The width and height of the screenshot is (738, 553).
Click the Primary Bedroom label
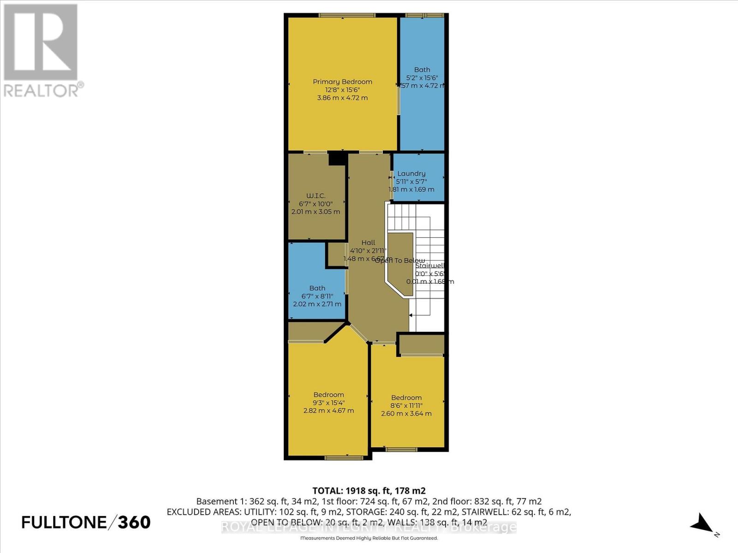[342, 82]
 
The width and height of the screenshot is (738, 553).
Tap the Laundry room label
[411, 173]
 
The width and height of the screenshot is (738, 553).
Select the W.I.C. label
[316, 196]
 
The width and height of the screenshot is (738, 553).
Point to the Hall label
[368, 242]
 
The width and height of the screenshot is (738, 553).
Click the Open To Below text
[399, 260]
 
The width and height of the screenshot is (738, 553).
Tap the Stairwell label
[429, 265]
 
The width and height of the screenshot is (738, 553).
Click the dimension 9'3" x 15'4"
[329, 402]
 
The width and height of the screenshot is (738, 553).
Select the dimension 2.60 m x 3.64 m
[406, 413]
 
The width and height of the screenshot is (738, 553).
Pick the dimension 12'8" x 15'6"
[342, 90]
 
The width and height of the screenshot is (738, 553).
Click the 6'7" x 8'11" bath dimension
[317, 296]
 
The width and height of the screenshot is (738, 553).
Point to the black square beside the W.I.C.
[338, 159]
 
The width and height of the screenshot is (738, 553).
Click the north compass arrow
[702, 523]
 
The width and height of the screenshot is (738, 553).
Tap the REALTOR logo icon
[41, 42]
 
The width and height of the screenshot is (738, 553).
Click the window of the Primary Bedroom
[347, 15]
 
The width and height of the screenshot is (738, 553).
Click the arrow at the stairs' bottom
[411, 315]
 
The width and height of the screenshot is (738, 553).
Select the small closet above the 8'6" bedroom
[421, 344]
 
